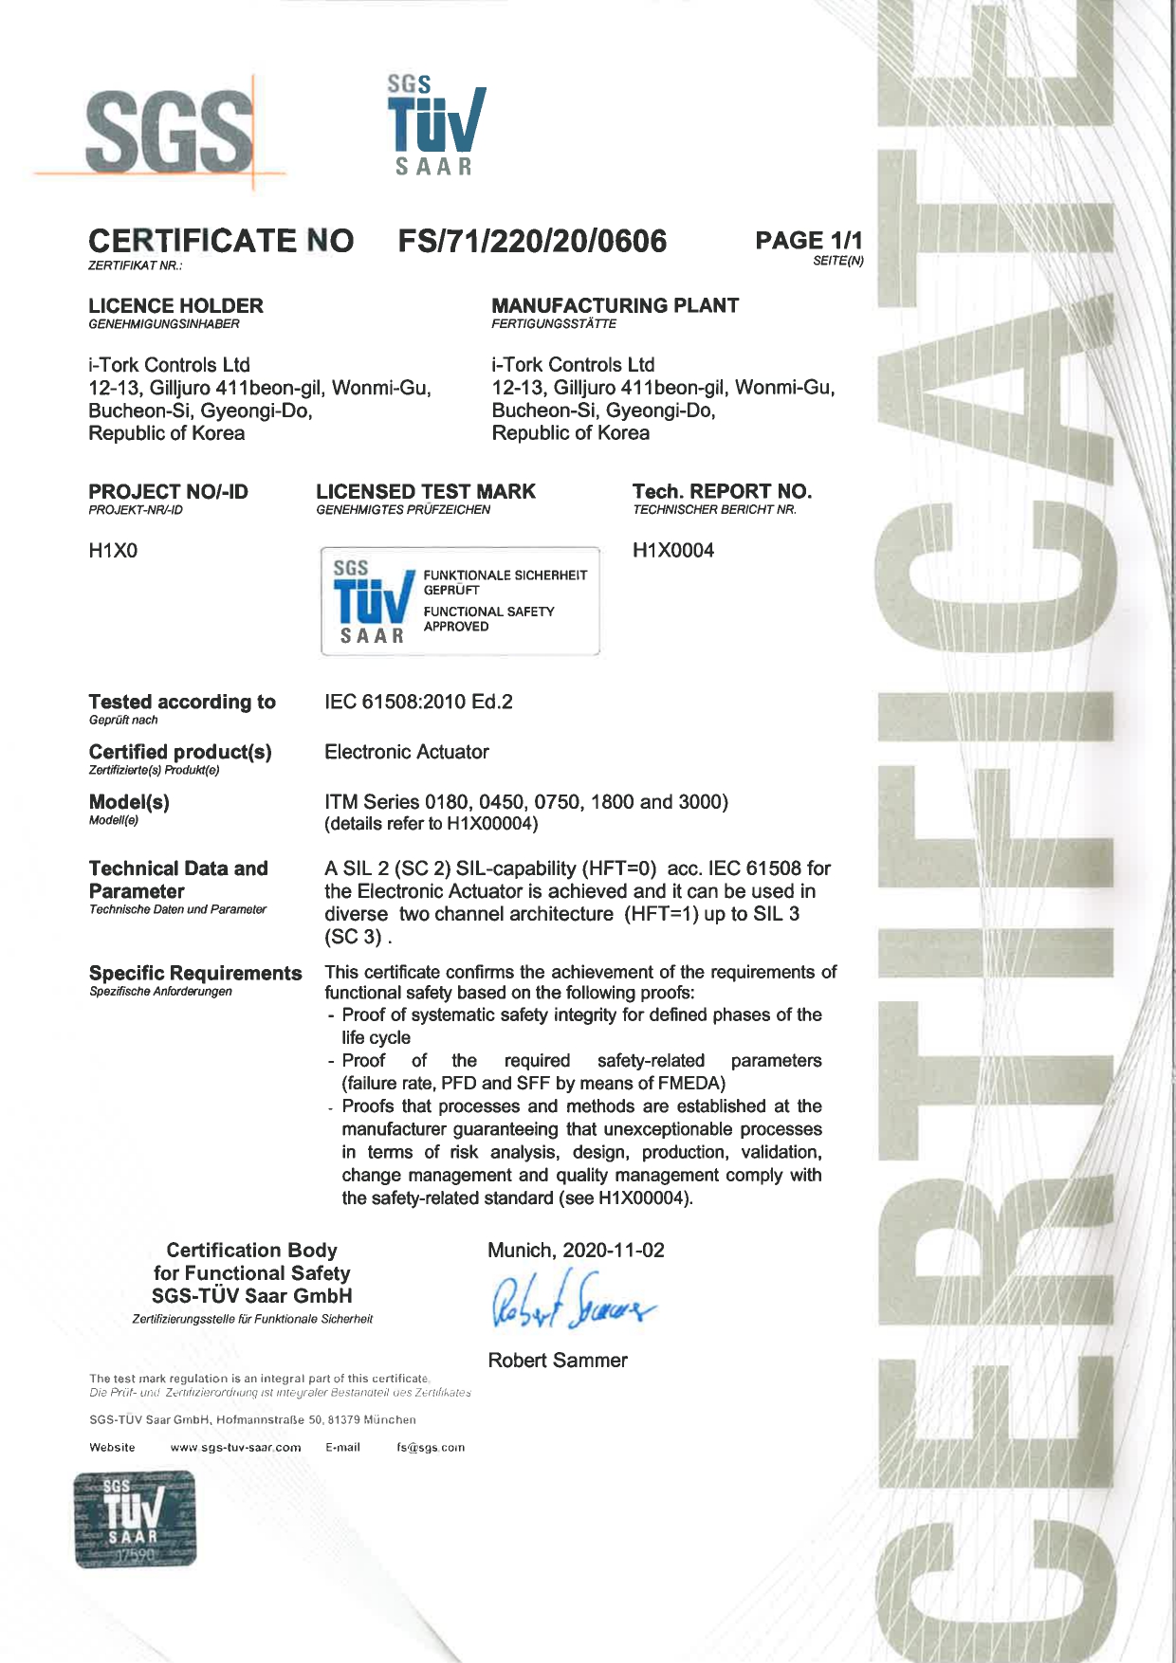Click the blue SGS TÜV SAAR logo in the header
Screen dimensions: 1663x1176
[435, 126]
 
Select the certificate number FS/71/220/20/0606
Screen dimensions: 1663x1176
[532, 241]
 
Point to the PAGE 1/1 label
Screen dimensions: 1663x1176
[808, 241]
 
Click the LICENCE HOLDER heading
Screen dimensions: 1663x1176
[175, 306]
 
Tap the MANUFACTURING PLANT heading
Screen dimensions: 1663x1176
[615, 306]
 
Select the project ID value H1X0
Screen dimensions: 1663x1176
[113, 551]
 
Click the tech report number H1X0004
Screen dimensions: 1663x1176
[673, 551]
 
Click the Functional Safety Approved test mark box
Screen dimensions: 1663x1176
[460, 601]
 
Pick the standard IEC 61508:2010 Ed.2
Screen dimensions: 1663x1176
[418, 703]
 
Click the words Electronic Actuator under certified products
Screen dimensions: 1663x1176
[407, 753]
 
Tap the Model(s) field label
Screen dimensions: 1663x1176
[129, 803]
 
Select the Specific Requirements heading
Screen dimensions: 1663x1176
[195, 974]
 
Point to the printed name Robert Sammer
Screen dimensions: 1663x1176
[558, 1361]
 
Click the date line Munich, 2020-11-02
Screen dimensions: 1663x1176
[576, 1251]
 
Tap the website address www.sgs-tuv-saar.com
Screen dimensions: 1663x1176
[235, 1448]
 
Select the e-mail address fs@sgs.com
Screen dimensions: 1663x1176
[431, 1448]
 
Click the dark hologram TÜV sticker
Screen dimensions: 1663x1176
[135, 1519]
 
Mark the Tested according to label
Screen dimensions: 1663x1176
[182, 703]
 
